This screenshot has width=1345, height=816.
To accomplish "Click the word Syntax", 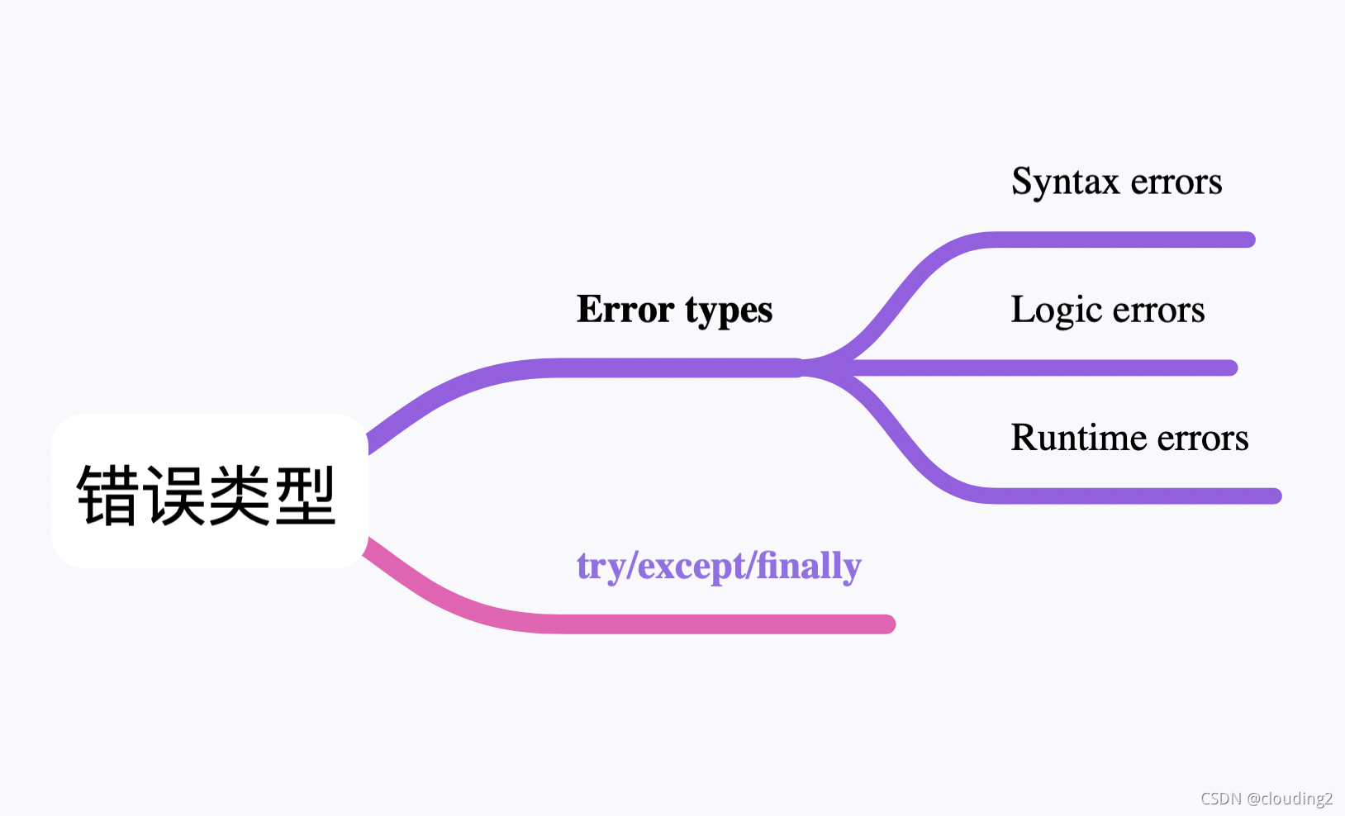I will tap(1064, 183).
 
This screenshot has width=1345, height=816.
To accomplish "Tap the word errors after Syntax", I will tap(1176, 183).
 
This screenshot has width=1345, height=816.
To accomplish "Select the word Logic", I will tap(1057, 311).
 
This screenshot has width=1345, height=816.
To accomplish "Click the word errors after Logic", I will tap(1159, 311).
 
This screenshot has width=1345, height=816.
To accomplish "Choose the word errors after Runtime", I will tap(1203, 439).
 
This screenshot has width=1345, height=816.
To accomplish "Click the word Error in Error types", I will tap(625, 310).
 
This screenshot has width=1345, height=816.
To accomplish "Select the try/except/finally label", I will tap(719, 567).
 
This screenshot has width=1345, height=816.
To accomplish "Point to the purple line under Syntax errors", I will tap(1124, 240).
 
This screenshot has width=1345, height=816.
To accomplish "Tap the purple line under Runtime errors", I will tap(1132, 496).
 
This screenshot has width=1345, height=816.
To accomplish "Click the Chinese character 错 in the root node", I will tap(108, 496).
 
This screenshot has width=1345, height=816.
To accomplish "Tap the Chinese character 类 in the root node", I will tap(240, 496).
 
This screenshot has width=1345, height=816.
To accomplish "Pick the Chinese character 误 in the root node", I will tap(174, 496).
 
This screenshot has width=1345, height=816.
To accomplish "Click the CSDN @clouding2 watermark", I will tap(1266, 799).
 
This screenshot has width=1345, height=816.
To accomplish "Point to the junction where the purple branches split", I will tap(814, 368).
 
